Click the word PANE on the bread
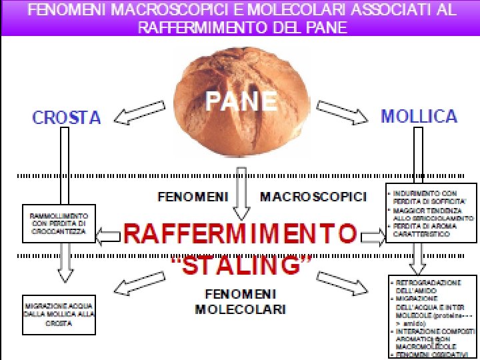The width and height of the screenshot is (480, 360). [241, 101]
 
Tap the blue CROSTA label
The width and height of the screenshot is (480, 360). [67, 118]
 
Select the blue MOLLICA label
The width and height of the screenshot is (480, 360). [419, 116]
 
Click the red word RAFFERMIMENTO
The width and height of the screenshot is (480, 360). [240, 234]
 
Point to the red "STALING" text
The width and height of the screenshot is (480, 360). [241, 265]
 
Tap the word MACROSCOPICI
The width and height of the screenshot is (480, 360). [313, 197]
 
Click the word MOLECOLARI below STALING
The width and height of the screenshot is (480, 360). [241, 309]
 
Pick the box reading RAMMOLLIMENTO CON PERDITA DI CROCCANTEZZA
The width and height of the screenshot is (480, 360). [59, 223]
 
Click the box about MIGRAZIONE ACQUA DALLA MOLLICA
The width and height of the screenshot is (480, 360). [59, 314]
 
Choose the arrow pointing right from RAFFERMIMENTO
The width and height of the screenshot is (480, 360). [372, 237]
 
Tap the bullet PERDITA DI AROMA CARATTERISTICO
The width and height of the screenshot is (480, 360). [427, 231]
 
